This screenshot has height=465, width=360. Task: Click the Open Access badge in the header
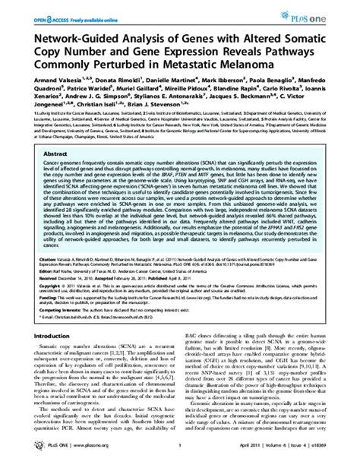point(40,9)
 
